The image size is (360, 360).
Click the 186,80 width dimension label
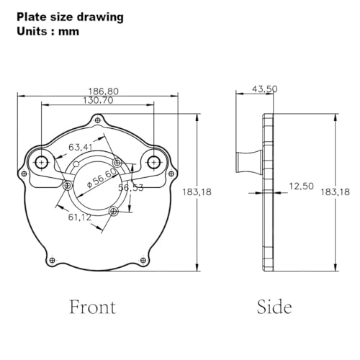[x=104, y=91]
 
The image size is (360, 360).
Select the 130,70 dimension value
[x=98, y=100]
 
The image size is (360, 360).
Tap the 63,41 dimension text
[x=81, y=147]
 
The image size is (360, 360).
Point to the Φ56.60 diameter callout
[x=102, y=178]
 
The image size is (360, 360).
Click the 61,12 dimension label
[x=80, y=217]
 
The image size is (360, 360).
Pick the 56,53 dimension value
[x=131, y=187]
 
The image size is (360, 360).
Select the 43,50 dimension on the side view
[x=265, y=89]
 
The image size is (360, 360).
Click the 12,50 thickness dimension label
[x=302, y=186]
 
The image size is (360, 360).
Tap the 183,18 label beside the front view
[x=197, y=192]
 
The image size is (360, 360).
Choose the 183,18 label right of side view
[x=336, y=192]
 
